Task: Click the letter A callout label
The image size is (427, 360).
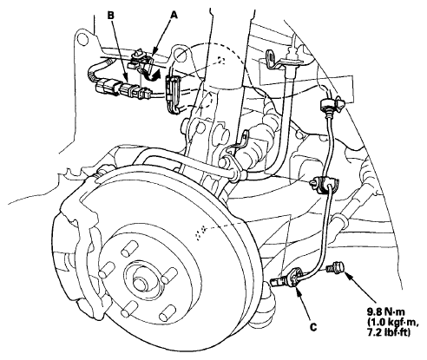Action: (174, 15)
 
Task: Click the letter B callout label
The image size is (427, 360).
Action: (111, 15)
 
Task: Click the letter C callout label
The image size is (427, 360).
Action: (313, 327)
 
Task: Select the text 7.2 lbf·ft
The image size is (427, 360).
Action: (389, 333)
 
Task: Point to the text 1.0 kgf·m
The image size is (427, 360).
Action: (389, 322)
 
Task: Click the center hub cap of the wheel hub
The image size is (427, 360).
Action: (140, 283)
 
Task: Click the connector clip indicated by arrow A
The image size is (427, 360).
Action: (142, 62)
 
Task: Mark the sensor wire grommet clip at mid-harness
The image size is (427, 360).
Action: (325, 184)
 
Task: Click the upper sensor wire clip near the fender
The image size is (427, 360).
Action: (332, 105)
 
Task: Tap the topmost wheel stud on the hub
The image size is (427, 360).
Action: (128, 249)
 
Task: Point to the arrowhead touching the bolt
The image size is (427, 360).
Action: (349, 276)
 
